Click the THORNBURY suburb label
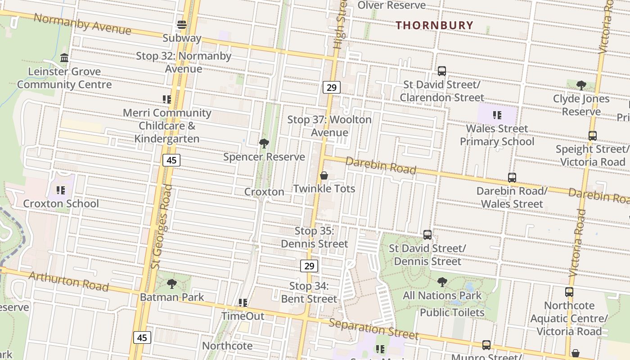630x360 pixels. (434, 25)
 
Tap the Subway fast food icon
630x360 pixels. (182, 25)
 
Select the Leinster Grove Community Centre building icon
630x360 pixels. (64, 58)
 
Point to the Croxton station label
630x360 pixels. (264, 192)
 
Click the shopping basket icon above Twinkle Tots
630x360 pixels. (324, 175)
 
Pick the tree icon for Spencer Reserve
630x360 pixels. (264, 144)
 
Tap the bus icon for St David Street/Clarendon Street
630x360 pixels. (442, 71)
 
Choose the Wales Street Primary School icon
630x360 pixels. (497, 115)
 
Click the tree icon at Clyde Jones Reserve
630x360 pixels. (581, 85)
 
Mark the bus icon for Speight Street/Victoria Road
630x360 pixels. (593, 135)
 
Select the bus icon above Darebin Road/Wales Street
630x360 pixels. (512, 177)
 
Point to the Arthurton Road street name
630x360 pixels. (68, 281)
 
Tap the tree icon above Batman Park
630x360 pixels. (171, 284)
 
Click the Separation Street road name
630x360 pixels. (373, 329)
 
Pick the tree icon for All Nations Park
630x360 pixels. (442, 282)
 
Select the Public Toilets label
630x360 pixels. (452, 312)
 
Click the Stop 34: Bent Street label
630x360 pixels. (309, 292)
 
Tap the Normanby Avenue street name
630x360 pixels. (82, 24)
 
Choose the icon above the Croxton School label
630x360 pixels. (61, 190)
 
